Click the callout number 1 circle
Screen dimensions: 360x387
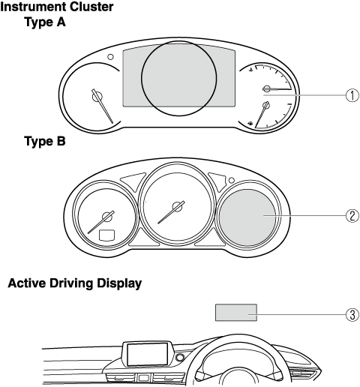pos(352,95)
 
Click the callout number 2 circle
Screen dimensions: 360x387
pos(352,216)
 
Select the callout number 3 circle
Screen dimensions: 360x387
pos(352,315)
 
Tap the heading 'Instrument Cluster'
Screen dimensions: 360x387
pos(57,7)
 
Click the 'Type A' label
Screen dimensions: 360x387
pos(45,22)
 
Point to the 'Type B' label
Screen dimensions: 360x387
pos(45,141)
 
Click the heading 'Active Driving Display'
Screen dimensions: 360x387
pos(75,283)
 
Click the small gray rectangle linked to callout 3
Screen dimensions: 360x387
pos(236,313)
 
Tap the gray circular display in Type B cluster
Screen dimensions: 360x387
pos(247,217)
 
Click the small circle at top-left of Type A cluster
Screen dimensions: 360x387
pos(110,57)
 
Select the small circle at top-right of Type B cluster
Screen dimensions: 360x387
pos(232,180)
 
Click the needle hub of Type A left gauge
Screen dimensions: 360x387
pos(97,97)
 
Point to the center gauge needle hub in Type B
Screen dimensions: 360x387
pos(178,206)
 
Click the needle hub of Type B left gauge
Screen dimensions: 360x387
pos(108,217)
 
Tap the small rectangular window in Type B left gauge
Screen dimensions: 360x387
pos(106,235)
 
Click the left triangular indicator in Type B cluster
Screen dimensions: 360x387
pos(133,181)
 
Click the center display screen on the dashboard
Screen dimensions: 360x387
pos(147,354)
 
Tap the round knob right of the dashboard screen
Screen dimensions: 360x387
pos(179,358)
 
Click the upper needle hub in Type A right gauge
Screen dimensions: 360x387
pos(267,88)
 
